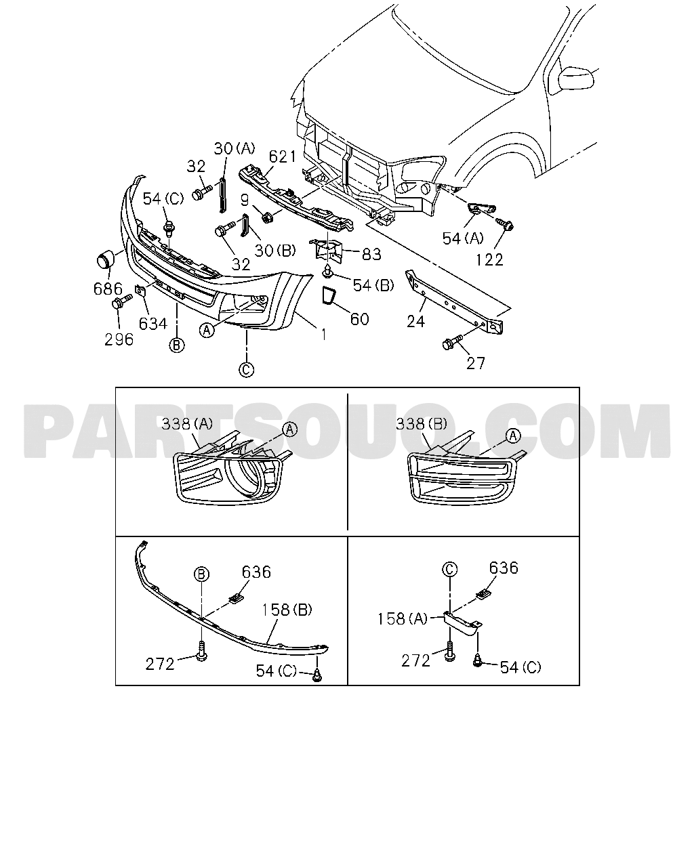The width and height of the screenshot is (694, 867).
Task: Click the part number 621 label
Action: click(283, 156)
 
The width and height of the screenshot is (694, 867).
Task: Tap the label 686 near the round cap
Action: click(108, 289)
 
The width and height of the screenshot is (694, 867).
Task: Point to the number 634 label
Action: click(152, 324)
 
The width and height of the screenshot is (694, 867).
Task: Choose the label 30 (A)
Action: click(234, 148)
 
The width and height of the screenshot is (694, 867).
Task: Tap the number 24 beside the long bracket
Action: click(415, 322)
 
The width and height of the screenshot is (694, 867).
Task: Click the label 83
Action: click(371, 254)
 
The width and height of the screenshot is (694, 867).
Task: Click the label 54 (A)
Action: click(462, 238)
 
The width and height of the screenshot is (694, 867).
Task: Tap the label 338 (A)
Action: click(186, 424)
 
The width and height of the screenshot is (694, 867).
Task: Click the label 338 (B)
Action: click(421, 423)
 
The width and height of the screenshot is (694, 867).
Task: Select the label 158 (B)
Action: click(287, 610)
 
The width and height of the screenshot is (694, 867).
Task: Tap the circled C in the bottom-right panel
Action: click(449, 569)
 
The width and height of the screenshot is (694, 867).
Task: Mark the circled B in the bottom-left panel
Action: click(202, 574)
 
